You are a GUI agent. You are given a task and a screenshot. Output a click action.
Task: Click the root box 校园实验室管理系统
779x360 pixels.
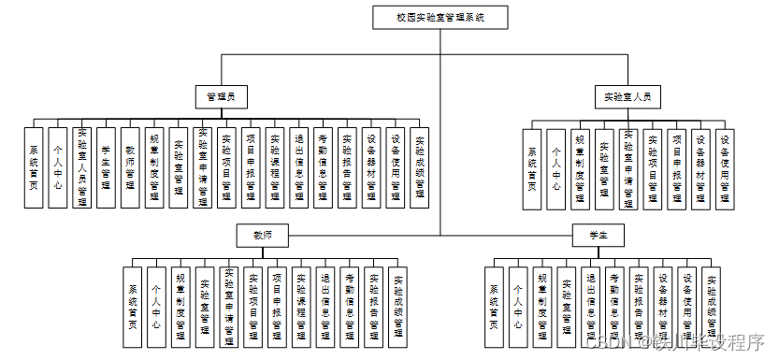(x=439, y=17)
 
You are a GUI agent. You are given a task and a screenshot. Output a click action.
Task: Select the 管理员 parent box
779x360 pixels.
(x=221, y=95)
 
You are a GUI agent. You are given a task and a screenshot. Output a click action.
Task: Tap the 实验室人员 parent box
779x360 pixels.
(x=628, y=95)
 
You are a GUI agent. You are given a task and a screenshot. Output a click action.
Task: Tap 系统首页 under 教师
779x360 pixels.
(x=133, y=306)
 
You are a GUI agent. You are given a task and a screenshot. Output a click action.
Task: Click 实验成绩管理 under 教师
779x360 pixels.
(x=397, y=306)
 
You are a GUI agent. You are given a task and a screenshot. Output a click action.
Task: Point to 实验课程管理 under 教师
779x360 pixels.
(x=301, y=306)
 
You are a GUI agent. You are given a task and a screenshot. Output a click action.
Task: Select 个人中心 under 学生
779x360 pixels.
(x=519, y=306)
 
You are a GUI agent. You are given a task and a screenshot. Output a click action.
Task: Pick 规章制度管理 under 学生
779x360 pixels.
(x=542, y=306)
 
